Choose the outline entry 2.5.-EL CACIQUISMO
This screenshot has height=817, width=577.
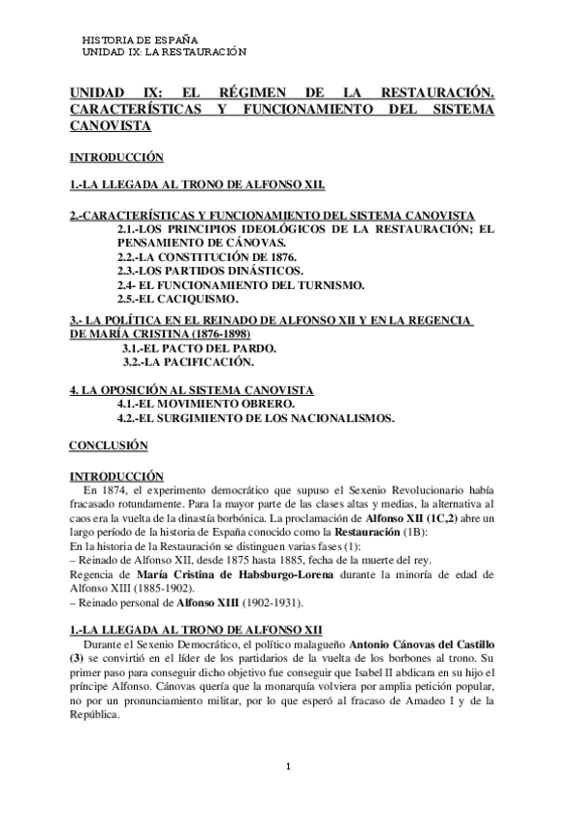(177, 299)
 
